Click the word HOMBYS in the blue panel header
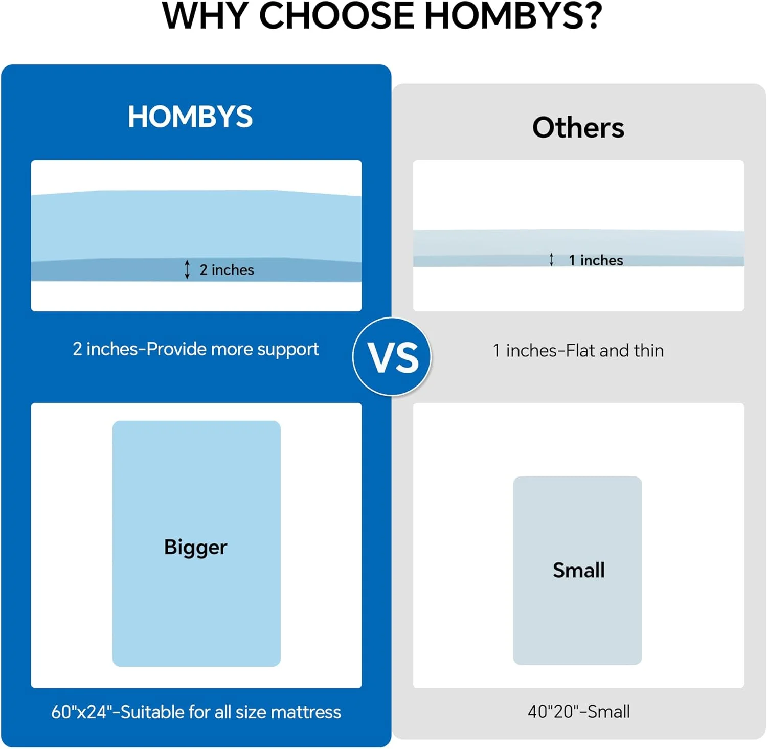point(190,117)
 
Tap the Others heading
point(578,127)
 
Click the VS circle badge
point(392,357)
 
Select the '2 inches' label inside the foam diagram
point(227,270)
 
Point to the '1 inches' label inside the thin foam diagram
point(596,260)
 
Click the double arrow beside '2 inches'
point(187,269)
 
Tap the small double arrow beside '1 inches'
point(551,260)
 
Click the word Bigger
point(195,547)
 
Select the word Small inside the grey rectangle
point(578,570)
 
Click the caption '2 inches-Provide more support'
point(195,349)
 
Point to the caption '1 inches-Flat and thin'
point(578,351)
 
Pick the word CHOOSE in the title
point(336,16)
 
